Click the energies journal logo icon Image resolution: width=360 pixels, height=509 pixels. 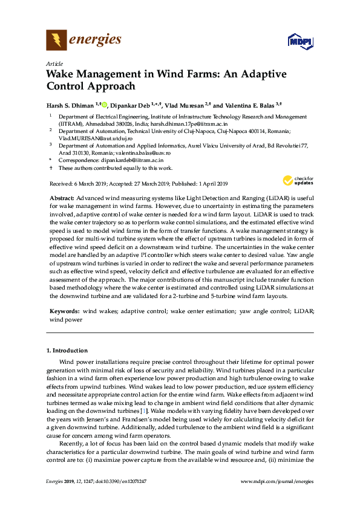[x=56, y=41]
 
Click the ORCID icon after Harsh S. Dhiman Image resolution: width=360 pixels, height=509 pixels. [x=104, y=104]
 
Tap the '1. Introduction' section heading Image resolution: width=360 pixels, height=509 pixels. [x=67, y=351]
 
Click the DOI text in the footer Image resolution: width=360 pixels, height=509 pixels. [x=120, y=481]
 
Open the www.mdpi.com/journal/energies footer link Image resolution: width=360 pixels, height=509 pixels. [x=278, y=481]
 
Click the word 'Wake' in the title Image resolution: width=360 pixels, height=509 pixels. [x=63, y=75]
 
